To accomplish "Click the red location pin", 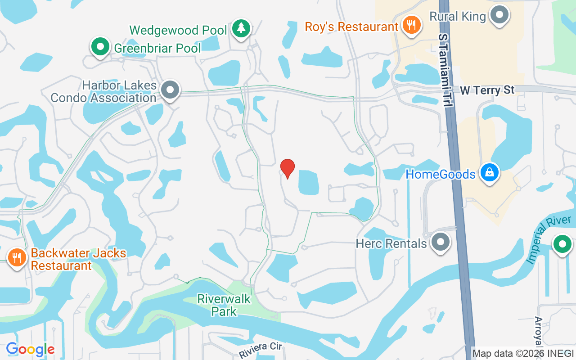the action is click(x=287, y=168).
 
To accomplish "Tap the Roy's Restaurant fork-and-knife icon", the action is click(x=411, y=26).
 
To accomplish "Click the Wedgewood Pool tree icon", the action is click(x=242, y=28).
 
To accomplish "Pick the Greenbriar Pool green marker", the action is click(x=100, y=46).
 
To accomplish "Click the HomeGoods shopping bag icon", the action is click(x=489, y=172).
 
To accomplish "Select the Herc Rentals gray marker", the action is click(x=441, y=242).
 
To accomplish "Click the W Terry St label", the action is click(x=487, y=90).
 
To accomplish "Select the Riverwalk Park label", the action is click(x=224, y=305).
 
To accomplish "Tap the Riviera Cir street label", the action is click(x=261, y=350).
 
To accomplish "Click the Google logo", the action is click(x=30, y=349).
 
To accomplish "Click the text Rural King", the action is click(x=458, y=17).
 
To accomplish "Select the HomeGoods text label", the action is click(x=441, y=174).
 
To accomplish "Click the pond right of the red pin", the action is click(x=309, y=182).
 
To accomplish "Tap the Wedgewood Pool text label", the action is click(x=178, y=30).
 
